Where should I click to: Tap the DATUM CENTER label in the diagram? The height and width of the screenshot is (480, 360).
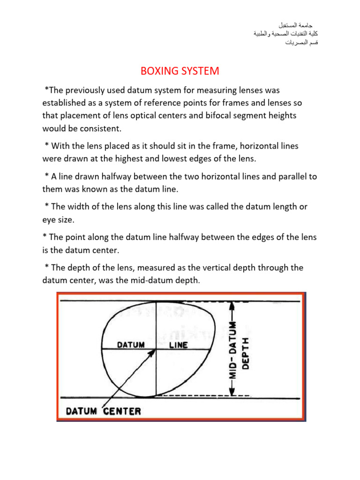[x=103, y=412]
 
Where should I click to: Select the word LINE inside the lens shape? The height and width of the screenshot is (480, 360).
[x=178, y=345]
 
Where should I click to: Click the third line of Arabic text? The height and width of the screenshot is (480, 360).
[x=299, y=43]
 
